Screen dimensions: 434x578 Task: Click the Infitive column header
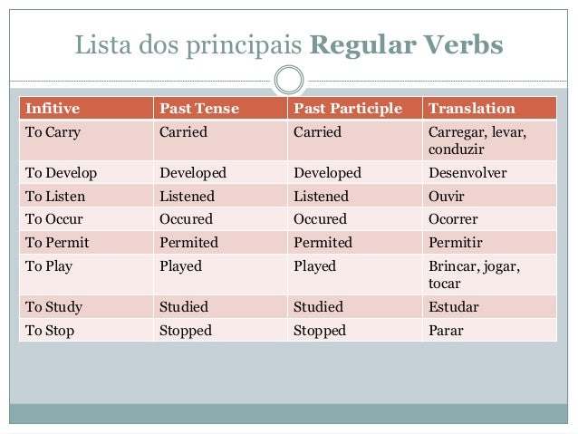tap(53, 110)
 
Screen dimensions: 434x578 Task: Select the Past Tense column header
tap(199, 110)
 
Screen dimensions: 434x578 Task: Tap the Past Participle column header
tap(348, 110)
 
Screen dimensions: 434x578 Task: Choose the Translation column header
tap(471, 110)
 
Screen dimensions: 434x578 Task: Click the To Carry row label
tap(53, 132)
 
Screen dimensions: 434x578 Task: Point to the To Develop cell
tap(61, 172)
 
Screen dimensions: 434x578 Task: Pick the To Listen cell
tap(55, 196)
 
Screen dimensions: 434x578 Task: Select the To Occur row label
tap(54, 219)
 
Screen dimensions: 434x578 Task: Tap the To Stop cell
tap(50, 331)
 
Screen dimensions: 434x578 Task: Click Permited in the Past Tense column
tap(188, 243)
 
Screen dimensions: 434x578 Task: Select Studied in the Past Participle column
tap(318, 307)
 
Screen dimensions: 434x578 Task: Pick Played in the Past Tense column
tap(180, 266)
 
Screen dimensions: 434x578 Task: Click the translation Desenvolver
tap(467, 172)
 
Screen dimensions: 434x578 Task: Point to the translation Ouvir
tap(447, 196)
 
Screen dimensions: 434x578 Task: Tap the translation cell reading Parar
tap(446, 331)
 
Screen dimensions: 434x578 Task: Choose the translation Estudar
tap(453, 307)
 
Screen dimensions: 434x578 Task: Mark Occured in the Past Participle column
tap(320, 219)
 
